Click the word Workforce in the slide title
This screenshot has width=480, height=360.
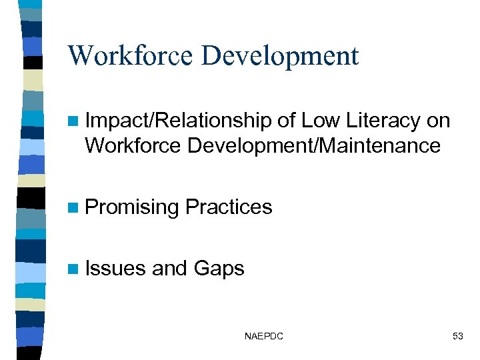click(130, 55)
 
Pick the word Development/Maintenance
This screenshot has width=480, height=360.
click(314, 145)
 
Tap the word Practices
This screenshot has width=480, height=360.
click(229, 207)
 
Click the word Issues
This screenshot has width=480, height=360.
click(116, 269)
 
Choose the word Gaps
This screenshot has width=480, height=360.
click(219, 269)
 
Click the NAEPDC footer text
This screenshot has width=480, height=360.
click(264, 337)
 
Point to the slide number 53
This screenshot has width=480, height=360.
click(457, 337)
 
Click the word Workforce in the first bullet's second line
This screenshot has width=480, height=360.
click(133, 145)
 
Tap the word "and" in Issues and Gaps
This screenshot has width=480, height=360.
click(170, 269)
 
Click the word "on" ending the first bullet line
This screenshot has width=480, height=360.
click(439, 121)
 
